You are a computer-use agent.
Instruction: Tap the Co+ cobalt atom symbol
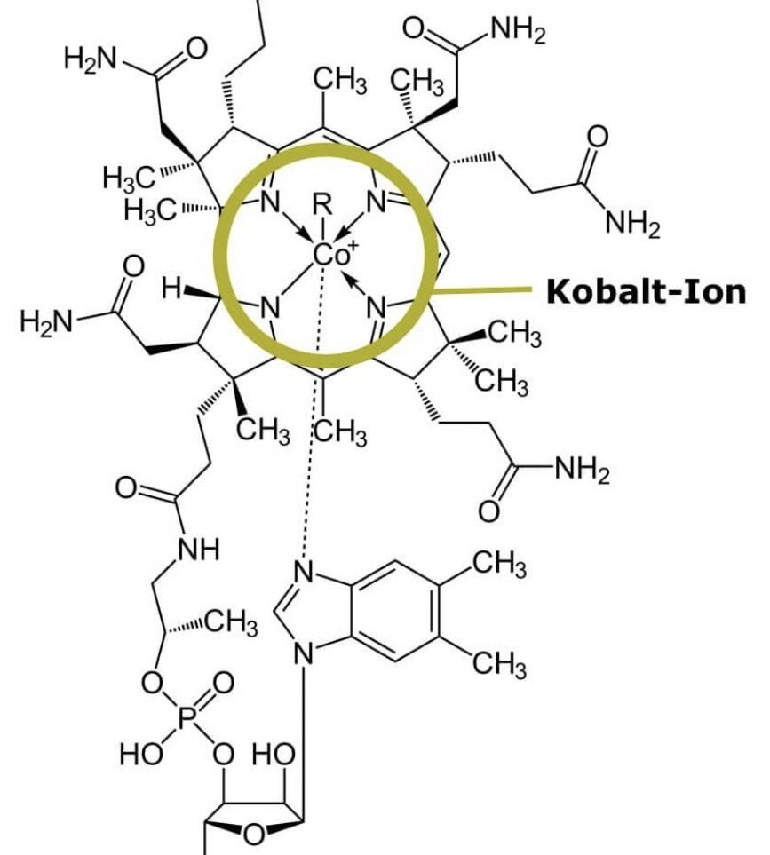[x=333, y=255]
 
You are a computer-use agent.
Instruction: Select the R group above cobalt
[x=322, y=206]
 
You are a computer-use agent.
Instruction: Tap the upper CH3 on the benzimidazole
[x=498, y=565]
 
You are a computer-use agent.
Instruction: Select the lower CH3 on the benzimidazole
[x=498, y=662]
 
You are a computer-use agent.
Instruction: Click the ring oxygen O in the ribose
[x=254, y=834]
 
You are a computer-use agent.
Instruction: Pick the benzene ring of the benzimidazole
[x=394, y=613]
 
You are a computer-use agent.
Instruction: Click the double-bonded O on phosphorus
[x=224, y=684]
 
